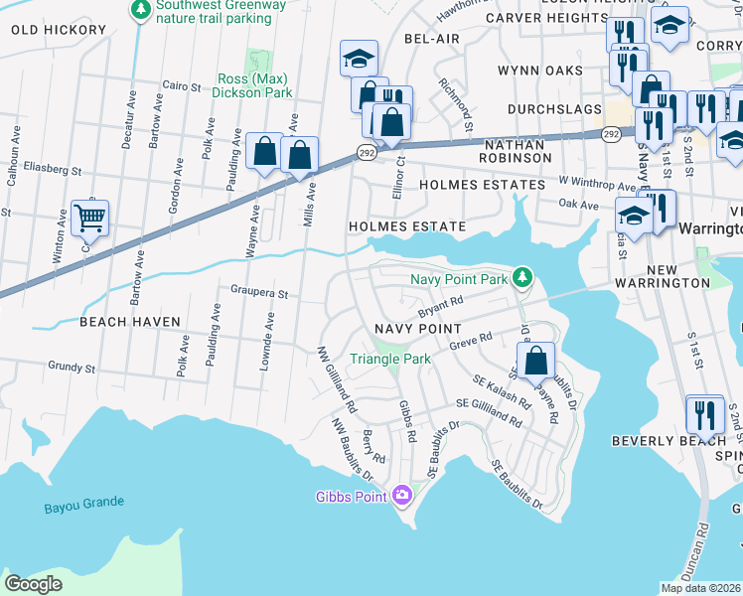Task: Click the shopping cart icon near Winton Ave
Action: pos(89,216)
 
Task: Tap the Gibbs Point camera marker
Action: pos(402,494)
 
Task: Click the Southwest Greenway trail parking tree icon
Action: pos(141,10)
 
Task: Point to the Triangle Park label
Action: pos(388,359)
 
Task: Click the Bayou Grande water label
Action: pos(84,507)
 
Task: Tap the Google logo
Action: pos(34,584)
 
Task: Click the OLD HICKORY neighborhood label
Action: pos(59,30)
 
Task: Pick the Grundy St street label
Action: pos(71,367)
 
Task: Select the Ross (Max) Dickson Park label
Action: pos(255,85)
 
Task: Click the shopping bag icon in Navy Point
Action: pos(535,360)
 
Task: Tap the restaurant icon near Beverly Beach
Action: pos(705,411)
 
